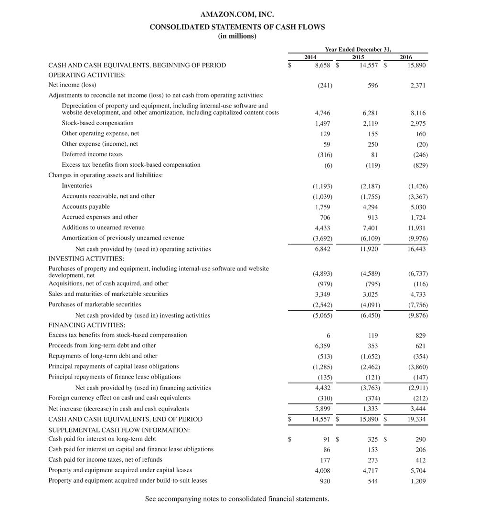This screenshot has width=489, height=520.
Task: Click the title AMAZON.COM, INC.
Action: point(237,15)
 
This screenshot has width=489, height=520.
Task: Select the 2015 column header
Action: point(358,57)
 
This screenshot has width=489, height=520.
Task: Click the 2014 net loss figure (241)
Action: point(325,86)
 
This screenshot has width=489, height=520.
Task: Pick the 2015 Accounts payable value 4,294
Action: point(370,207)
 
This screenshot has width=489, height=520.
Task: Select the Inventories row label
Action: point(77,186)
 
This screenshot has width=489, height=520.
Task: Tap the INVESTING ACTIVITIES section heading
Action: point(86,259)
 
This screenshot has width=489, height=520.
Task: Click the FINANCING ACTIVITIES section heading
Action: point(85,325)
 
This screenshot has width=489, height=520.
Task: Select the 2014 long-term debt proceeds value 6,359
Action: point(323,346)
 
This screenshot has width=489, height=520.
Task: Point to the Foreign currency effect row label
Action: point(119,398)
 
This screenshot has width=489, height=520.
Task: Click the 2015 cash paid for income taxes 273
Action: point(373,460)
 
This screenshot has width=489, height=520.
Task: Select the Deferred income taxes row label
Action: point(92,154)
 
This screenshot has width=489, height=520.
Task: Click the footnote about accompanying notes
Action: point(237,499)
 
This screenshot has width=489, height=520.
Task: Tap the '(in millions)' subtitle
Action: point(237,36)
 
